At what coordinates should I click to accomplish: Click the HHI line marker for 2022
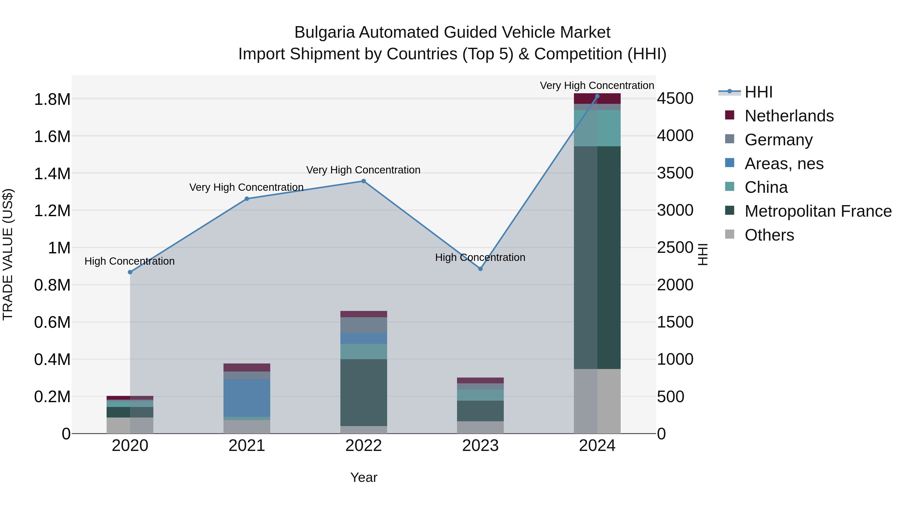click(364, 181)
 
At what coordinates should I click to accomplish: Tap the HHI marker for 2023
click(480, 269)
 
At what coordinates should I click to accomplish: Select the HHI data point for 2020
click(130, 272)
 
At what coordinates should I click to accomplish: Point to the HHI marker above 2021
click(247, 199)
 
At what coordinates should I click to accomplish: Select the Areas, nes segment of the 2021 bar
click(247, 398)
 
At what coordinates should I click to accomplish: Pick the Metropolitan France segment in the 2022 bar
click(364, 392)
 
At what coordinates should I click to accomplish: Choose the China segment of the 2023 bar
click(480, 395)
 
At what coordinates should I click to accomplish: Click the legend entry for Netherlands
click(789, 116)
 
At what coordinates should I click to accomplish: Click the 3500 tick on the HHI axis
click(675, 173)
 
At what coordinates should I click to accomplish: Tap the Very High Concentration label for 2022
click(363, 170)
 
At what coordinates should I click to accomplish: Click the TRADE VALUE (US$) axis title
click(8, 254)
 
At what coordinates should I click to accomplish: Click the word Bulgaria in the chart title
click(324, 33)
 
